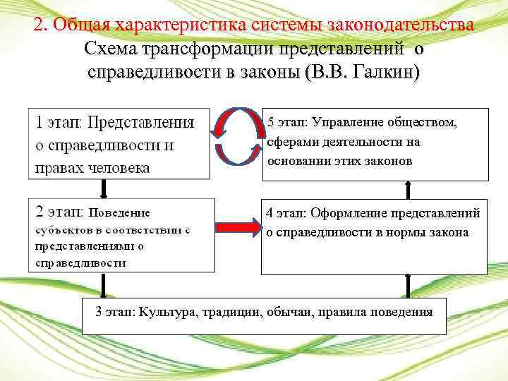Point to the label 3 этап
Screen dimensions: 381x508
click(116, 311)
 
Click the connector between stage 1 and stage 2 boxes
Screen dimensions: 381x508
click(104, 188)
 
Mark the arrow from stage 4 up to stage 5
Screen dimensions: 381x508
click(407, 189)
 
